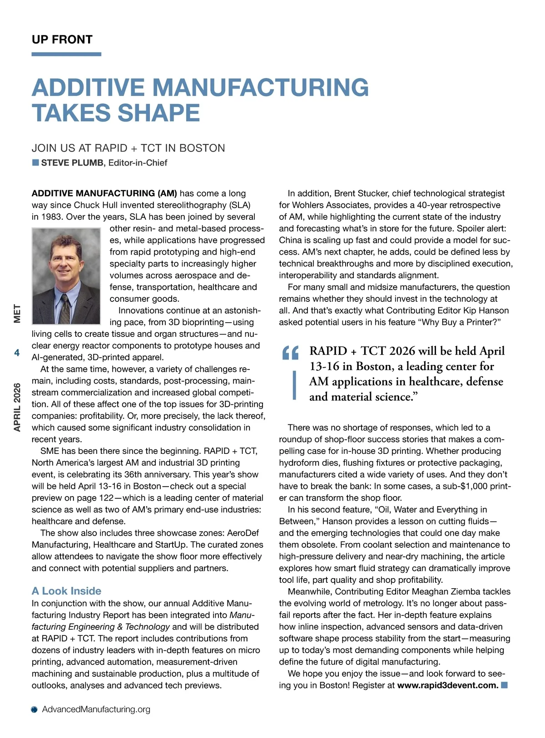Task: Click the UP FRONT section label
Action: click(x=62, y=39)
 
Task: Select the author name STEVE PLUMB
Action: click(x=72, y=163)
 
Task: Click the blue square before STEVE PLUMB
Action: click(x=35, y=162)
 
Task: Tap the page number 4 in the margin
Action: click(x=17, y=353)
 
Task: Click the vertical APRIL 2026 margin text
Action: click(x=17, y=407)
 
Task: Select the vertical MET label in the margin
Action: click(x=17, y=314)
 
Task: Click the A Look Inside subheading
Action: click(x=66, y=591)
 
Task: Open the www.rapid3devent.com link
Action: click(x=448, y=685)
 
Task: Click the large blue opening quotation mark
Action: click(x=290, y=353)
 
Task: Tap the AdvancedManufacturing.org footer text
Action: click(x=96, y=709)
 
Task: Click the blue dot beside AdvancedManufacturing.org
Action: click(x=35, y=710)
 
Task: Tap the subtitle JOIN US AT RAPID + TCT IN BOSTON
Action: click(x=128, y=148)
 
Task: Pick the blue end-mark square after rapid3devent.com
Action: click(x=504, y=685)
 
